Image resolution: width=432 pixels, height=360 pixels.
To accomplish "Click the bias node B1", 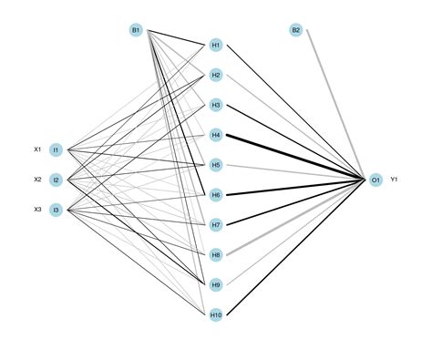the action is click(136, 30).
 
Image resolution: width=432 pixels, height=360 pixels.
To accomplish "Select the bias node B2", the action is click(296, 30).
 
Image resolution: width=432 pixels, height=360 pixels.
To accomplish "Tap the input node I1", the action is click(56, 149).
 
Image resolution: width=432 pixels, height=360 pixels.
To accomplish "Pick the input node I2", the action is click(56, 180).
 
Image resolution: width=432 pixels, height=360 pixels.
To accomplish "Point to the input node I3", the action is click(56, 210).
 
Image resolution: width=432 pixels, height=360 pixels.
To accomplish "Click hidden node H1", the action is click(216, 45).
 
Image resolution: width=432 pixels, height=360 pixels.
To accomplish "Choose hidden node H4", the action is click(216, 135).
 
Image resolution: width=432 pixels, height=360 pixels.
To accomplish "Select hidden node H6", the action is click(216, 195).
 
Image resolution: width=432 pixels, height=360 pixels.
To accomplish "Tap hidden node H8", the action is click(216, 254).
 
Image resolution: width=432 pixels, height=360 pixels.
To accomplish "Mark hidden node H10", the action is click(216, 314).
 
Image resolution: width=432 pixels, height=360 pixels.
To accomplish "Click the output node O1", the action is click(375, 180).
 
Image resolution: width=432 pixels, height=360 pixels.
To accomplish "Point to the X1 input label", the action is click(37, 149).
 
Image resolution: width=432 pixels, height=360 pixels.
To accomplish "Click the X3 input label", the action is click(37, 210).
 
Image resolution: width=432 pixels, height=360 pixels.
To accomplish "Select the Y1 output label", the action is click(394, 180).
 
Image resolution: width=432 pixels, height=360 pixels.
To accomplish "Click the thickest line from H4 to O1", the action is click(295, 158).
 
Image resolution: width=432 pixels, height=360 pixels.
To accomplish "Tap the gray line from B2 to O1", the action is click(335, 105).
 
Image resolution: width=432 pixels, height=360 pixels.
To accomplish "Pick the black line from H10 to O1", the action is click(296, 247).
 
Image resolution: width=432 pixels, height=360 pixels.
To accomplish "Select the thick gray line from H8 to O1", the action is click(296, 217).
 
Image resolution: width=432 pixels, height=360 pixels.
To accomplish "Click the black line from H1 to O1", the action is click(296, 112).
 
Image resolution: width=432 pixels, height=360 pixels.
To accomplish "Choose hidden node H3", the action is click(216, 105).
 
